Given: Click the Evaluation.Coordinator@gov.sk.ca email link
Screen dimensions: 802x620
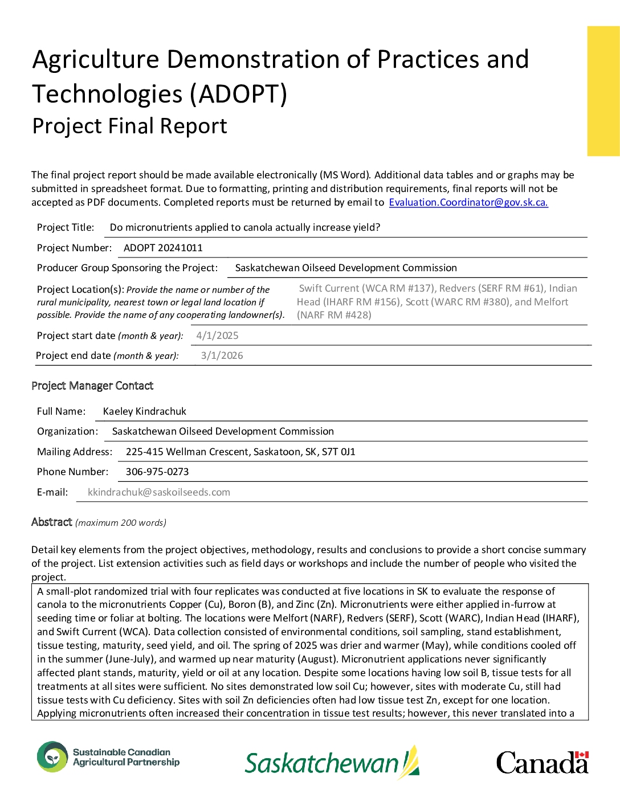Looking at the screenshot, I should (x=468, y=202).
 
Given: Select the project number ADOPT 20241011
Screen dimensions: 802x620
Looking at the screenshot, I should (x=163, y=248).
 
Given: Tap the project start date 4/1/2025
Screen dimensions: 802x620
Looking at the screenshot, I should (x=217, y=335).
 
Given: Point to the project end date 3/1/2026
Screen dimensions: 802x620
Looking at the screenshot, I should (x=222, y=355).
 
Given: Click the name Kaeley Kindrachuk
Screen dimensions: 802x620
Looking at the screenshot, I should (x=145, y=411).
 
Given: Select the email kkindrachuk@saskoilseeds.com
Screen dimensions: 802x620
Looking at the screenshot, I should (x=159, y=492).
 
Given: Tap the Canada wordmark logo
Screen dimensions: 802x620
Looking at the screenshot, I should (x=541, y=763).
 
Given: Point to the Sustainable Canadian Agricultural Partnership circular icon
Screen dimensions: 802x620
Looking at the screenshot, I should (x=52, y=757).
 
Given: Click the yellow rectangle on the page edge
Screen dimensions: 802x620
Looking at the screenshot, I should (x=603, y=91).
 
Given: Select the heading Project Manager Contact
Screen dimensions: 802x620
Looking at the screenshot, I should (x=92, y=386).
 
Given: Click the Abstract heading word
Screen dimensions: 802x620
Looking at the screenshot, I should (x=52, y=522).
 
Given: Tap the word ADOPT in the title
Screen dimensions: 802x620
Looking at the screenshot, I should (x=239, y=94).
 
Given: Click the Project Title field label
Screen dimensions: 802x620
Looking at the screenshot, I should (x=66, y=227).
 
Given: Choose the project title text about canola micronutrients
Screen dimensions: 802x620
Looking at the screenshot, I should (x=245, y=227).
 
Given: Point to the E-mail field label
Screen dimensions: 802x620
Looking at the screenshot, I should (x=52, y=492).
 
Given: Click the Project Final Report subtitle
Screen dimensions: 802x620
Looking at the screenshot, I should (x=130, y=126).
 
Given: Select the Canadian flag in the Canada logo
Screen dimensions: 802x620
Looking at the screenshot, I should (x=581, y=755).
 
